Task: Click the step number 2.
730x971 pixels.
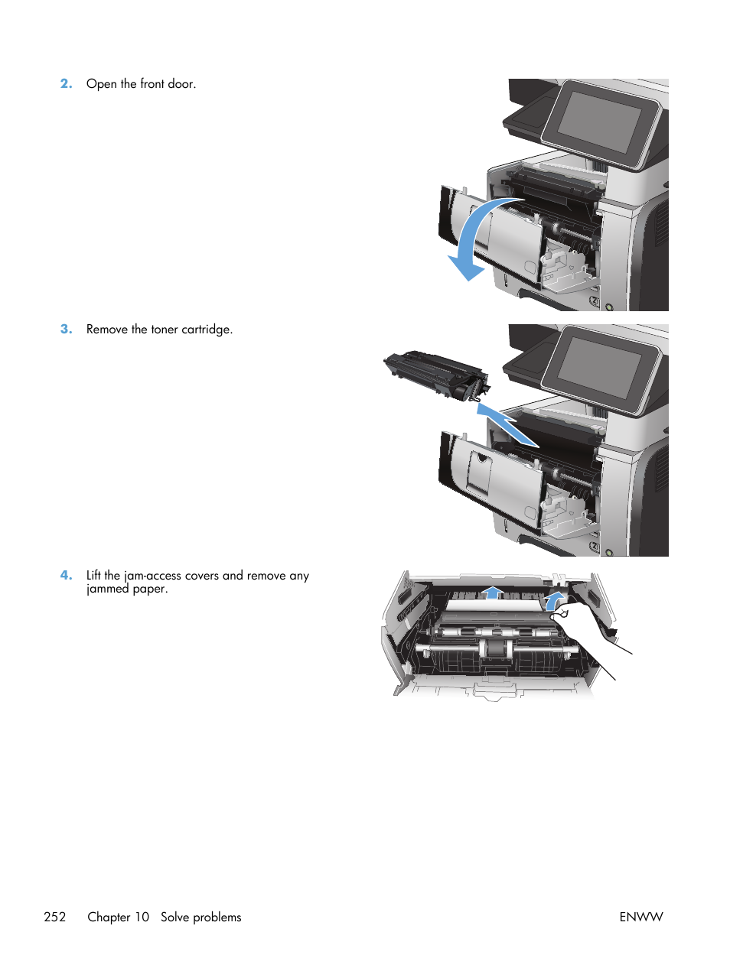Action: point(66,84)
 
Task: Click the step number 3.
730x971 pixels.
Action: point(66,330)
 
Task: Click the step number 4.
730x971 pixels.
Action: point(66,576)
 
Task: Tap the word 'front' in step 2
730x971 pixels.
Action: point(152,84)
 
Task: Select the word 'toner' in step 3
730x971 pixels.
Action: point(164,330)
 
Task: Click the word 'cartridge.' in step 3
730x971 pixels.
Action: point(207,330)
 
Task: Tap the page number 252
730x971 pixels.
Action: point(55,917)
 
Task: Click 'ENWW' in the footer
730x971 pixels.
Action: point(640,917)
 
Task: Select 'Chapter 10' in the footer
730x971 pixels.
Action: point(119,917)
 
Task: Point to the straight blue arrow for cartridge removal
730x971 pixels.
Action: point(507,424)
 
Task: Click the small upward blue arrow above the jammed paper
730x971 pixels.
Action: point(493,593)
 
